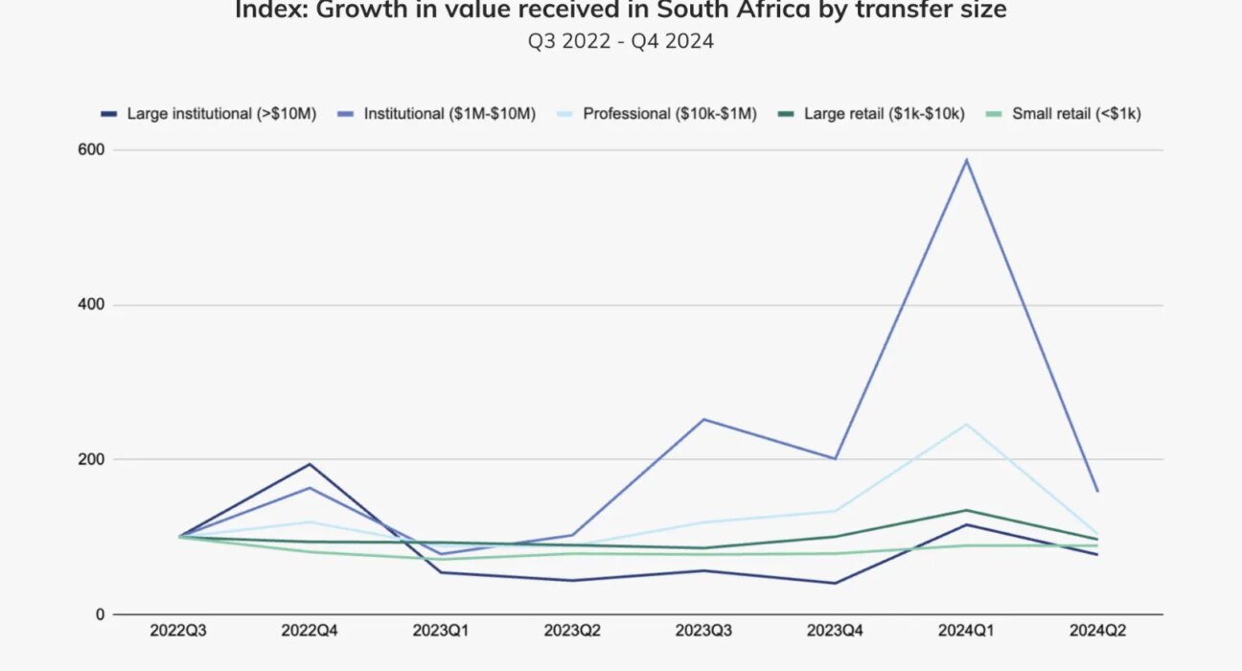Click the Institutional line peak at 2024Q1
967,160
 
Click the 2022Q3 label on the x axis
178,631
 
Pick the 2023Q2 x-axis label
572,631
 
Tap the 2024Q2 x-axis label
1097,631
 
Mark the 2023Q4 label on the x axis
835,631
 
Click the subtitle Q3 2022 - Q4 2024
620,42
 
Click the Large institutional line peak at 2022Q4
310,465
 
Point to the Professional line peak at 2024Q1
967,425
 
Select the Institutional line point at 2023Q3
704,419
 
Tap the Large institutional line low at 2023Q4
836,583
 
